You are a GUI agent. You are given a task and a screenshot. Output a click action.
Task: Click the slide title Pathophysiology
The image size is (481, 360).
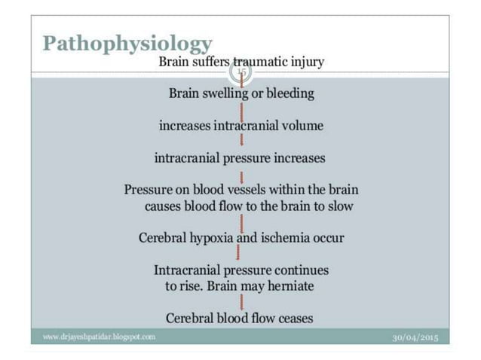point(127,43)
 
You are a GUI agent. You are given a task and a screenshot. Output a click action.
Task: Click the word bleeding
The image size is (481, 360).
point(289,94)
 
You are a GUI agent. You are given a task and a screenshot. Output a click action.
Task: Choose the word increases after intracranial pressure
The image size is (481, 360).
point(300,158)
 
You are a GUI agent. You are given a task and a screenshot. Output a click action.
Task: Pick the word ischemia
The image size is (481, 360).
point(287,238)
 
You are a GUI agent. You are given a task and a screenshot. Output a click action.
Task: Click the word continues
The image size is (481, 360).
point(302,270)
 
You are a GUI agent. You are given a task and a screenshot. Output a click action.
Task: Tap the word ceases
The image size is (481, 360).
point(296,319)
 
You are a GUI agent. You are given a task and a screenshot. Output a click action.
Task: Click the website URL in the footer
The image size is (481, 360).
point(99,337)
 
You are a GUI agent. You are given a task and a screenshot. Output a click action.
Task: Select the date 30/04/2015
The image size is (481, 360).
point(415,337)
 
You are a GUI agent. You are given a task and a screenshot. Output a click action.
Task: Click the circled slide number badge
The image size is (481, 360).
point(240,72)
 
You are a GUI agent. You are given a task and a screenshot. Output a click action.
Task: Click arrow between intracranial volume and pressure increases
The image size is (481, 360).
point(240,141)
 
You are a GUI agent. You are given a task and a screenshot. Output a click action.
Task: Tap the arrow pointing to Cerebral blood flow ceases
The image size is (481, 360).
point(240,301)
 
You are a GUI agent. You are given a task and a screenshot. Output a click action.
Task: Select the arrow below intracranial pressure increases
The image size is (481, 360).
point(240,174)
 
